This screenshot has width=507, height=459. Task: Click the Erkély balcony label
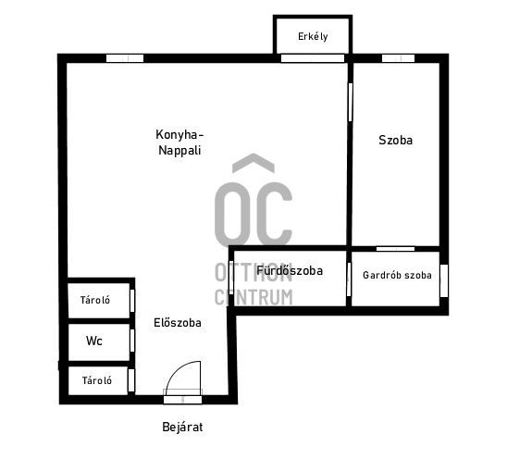[313, 36]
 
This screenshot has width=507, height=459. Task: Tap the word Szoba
[395, 140]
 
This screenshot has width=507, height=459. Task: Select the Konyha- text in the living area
[179, 135]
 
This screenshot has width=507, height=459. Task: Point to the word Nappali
[179, 151]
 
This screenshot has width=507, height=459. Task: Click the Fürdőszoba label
[290, 270]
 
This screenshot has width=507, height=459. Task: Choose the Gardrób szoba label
[397, 275]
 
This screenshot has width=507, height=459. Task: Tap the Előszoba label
[178, 322]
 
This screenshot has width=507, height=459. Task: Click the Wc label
[94, 341]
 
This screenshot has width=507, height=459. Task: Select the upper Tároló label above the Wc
[95, 300]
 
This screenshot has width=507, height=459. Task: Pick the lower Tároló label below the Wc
[97, 380]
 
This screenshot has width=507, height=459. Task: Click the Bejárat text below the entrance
[182, 427]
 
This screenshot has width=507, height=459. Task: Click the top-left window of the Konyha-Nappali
[125, 58]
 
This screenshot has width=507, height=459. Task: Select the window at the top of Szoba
[398, 58]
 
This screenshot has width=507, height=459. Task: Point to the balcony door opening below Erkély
[313, 58]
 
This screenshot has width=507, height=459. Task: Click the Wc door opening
[132, 341]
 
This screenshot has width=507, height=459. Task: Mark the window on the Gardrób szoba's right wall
[444, 280]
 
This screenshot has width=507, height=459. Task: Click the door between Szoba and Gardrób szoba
[395, 249]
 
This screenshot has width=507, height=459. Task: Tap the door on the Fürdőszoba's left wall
[231, 278]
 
